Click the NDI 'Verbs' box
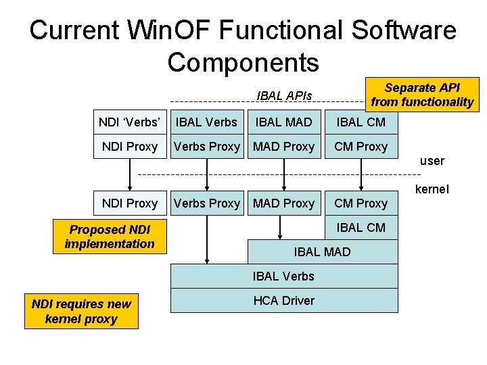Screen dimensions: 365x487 [x=129, y=122]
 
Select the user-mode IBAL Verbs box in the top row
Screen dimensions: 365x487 [x=206, y=122]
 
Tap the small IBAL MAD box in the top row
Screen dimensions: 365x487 [x=283, y=122]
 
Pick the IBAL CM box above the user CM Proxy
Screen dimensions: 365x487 [x=361, y=122]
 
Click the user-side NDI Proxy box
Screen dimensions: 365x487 [x=129, y=147]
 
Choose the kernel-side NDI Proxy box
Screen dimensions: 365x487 [x=129, y=203]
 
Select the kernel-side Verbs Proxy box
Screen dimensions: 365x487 [x=206, y=203]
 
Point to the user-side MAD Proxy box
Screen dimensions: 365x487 [x=283, y=147]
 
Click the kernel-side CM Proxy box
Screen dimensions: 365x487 [x=361, y=203]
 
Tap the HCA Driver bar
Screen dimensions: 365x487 [x=283, y=301]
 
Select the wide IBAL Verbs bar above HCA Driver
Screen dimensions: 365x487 [x=283, y=276]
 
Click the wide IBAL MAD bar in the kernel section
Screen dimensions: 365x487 [x=322, y=251]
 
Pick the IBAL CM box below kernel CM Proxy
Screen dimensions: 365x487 [x=361, y=228]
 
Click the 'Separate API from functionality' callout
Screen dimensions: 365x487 [x=422, y=95]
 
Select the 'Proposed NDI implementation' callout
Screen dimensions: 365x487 [x=110, y=237]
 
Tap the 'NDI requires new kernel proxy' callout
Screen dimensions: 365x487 [x=81, y=312]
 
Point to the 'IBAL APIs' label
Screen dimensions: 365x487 [x=284, y=95]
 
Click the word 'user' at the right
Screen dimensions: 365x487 [x=432, y=161]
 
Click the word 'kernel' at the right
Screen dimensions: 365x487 [x=432, y=189]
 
